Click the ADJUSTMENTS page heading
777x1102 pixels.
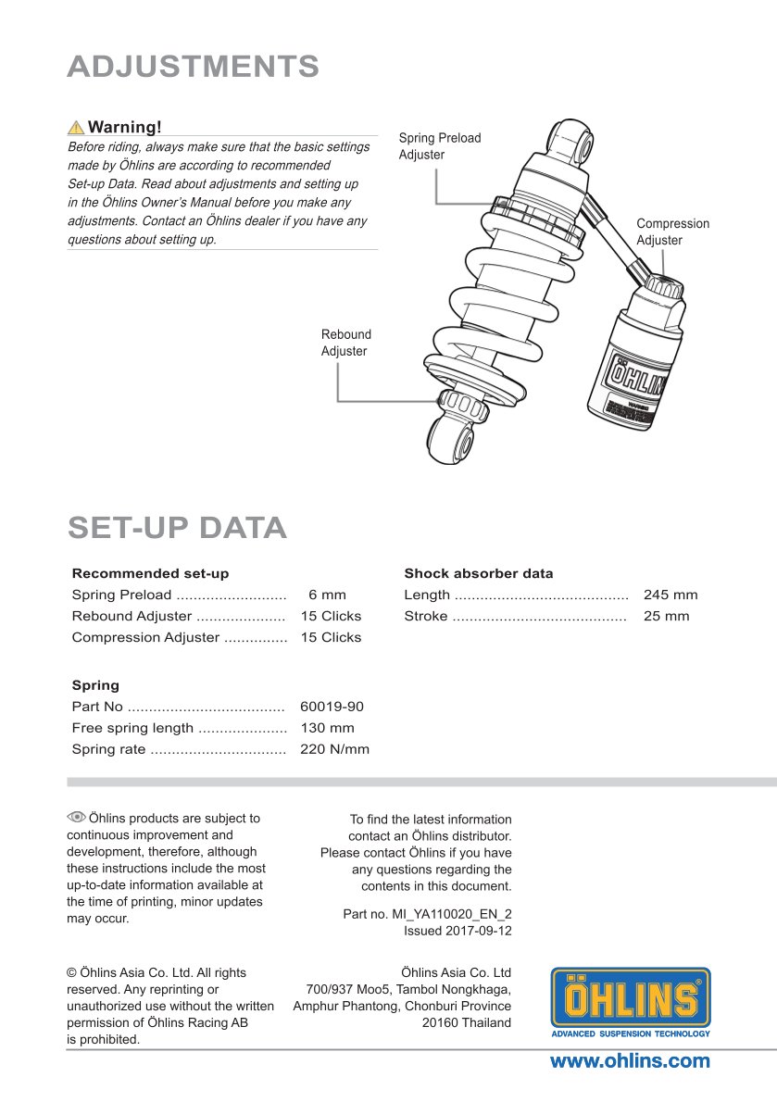194,67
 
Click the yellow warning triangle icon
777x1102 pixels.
76,128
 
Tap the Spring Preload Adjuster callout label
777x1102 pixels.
439,146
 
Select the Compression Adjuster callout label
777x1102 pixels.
672,232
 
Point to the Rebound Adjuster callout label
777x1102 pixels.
345,343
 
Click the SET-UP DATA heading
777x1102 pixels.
177,527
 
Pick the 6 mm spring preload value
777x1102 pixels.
327,595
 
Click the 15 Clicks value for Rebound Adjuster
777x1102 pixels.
331,617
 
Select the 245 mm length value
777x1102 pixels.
670,595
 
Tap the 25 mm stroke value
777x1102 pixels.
666,617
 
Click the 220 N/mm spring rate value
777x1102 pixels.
334,750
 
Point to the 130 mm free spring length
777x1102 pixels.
327,729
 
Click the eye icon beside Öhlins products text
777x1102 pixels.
76,817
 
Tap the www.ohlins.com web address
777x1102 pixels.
630,1061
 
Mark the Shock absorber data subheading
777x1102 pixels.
478,573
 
